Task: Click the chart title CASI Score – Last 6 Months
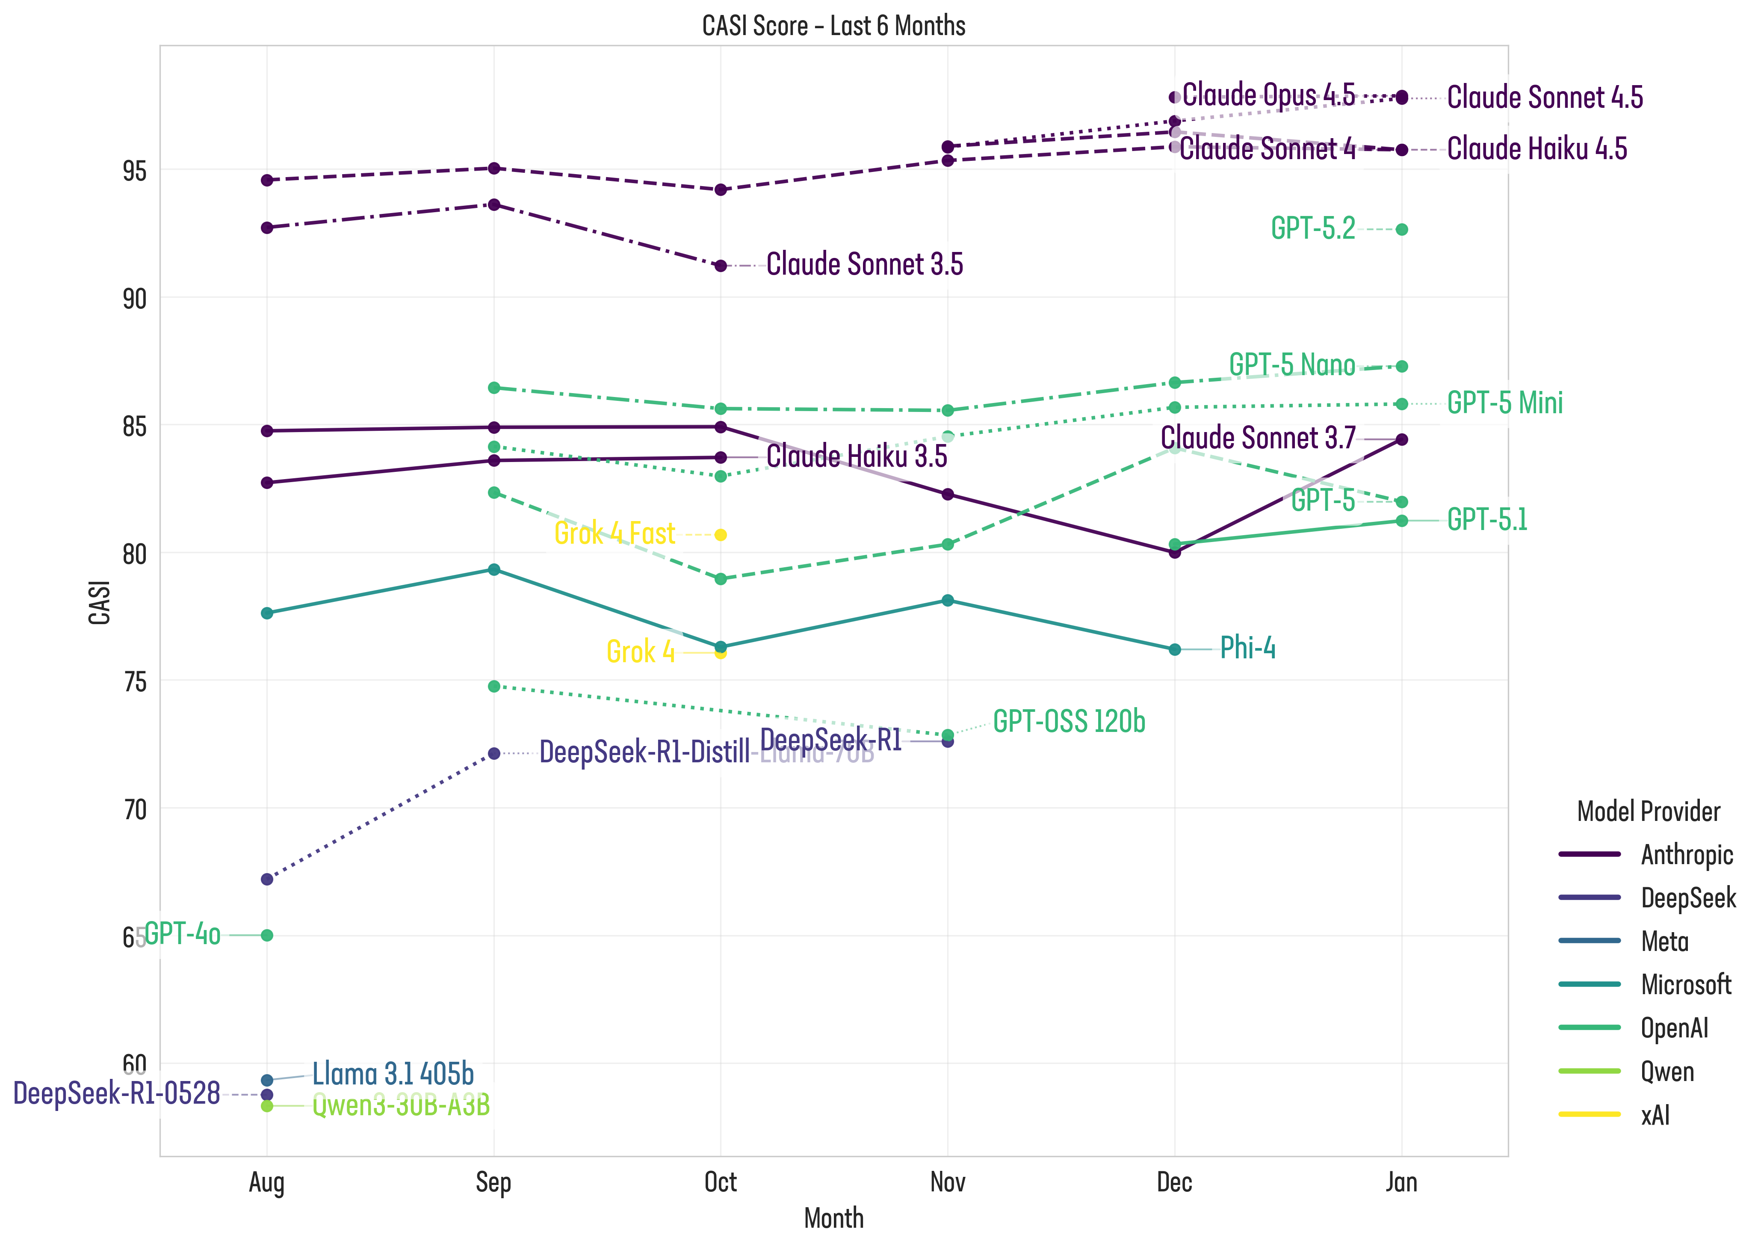(833, 26)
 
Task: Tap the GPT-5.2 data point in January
(1402, 230)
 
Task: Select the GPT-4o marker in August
(267, 935)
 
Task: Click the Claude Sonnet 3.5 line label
(864, 264)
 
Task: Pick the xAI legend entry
(1655, 1115)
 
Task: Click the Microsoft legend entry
(1686, 984)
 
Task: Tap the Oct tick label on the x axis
(720, 1182)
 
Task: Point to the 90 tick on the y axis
(134, 299)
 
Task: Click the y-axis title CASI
(100, 603)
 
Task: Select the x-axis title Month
(833, 1219)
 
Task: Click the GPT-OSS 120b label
(1069, 722)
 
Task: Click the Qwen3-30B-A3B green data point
(267, 1107)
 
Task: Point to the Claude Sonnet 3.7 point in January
(1402, 439)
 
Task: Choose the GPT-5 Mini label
(1504, 403)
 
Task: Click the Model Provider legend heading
(1648, 812)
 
